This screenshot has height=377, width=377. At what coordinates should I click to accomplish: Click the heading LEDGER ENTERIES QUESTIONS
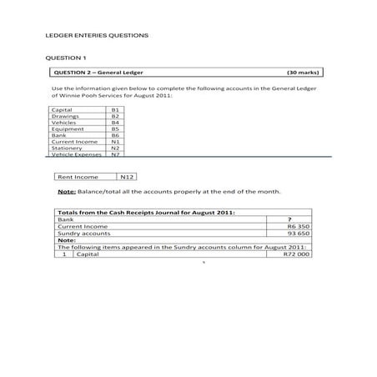click(96, 37)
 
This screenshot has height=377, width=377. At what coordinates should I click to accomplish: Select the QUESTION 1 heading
click(66, 57)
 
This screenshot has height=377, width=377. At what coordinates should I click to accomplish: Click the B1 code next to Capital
click(115, 109)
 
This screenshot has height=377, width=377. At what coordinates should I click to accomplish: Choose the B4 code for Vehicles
click(115, 123)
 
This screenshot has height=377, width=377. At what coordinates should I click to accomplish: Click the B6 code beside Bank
click(115, 135)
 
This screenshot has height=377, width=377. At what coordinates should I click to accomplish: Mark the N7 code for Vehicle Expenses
click(115, 154)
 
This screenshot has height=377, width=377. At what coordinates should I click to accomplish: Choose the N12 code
click(127, 177)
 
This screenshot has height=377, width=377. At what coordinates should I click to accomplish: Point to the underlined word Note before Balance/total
click(66, 192)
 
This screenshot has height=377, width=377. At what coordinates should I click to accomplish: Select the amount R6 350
click(298, 226)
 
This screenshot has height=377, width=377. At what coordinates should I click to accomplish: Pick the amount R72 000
click(297, 254)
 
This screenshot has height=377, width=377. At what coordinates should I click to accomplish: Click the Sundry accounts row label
click(83, 234)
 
